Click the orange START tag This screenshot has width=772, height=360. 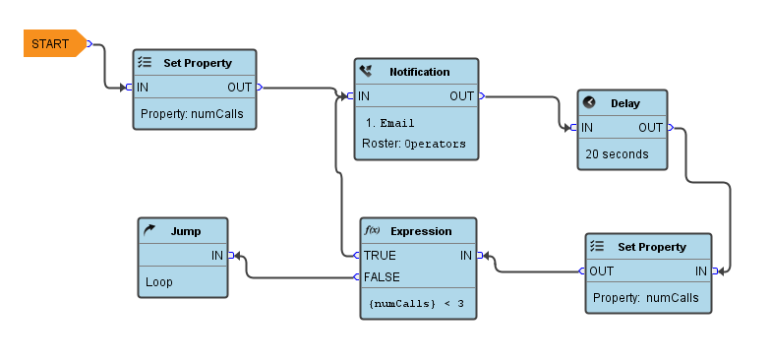pos(52,44)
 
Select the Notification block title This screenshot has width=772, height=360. pos(419,72)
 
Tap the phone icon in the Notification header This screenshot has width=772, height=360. pos(366,72)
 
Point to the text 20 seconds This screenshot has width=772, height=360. pos(617,154)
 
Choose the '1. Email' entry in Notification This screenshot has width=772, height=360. pos(389,124)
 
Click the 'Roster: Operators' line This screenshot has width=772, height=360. pos(413,144)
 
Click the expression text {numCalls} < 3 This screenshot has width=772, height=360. pos(416,304)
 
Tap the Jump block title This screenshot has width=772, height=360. pos(186,231)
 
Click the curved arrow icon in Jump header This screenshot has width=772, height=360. pos(149,231)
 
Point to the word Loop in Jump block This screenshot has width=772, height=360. pos(158,282)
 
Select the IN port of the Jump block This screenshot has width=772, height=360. pos(230,256)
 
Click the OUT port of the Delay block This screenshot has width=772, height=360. pos(669,128)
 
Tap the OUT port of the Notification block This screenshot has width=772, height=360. pos(480,96)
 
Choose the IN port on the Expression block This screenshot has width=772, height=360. pos(480,256)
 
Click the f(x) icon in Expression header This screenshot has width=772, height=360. pos(373,231)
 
